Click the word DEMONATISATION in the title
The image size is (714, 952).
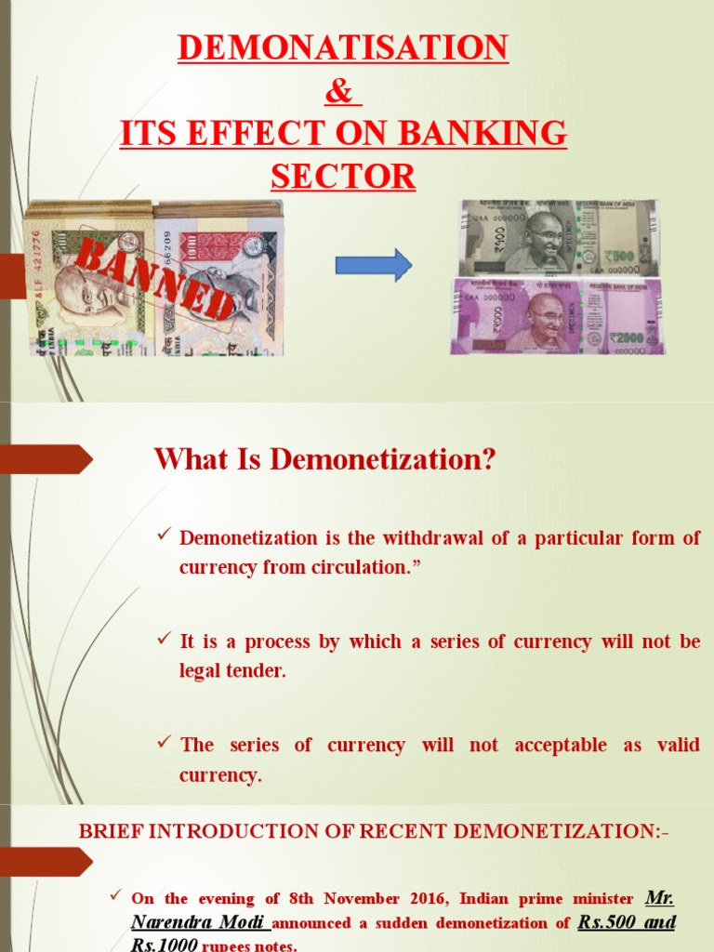pos(343,47)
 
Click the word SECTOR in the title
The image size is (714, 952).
pos(343,176)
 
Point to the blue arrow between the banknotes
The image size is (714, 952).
pos(373,265)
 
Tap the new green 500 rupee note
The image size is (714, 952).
pos(558,238)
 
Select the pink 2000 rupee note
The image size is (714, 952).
pos(557,315)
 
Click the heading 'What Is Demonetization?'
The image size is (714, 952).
pos(324,458)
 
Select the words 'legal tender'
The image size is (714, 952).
pos(232,670)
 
